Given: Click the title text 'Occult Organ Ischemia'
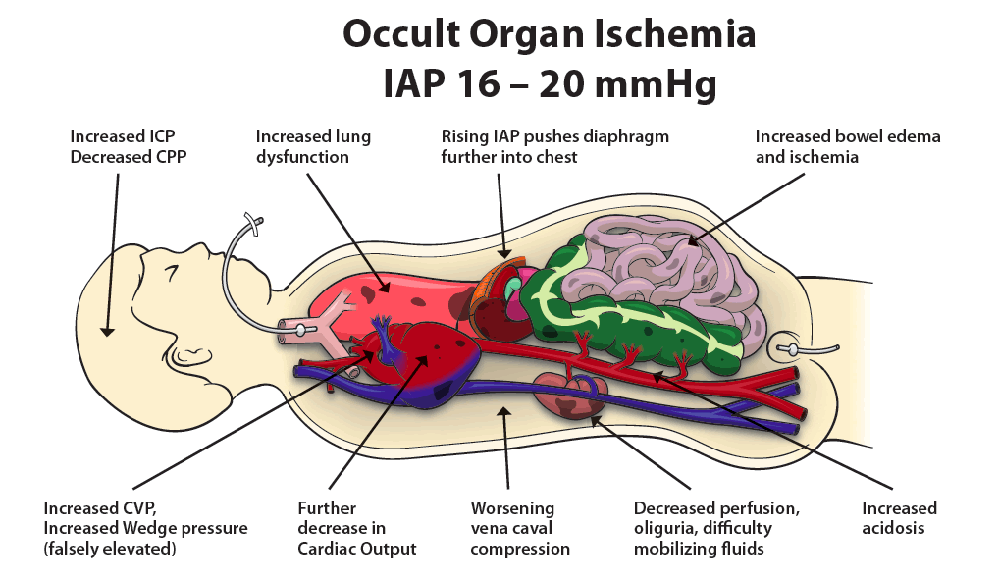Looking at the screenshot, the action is pos(550,34).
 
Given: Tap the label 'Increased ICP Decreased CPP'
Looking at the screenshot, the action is pos(128,146).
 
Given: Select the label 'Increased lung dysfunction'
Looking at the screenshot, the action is pos(313,146).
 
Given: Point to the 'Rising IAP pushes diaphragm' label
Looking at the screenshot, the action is pos(554,137).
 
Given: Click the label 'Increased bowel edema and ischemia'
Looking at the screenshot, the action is pos(847,146).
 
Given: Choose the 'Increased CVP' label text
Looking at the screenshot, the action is pos(100,508).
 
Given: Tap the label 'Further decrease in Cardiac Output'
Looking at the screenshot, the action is pos(357,528).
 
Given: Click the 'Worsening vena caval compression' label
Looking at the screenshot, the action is pos(520,528).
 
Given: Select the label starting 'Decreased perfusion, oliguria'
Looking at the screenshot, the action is pos(716,528).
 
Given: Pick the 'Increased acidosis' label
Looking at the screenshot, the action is pos(899,518).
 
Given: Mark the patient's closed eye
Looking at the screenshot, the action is pos(172,273).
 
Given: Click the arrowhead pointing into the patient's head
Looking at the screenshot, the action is pos(107,332).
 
